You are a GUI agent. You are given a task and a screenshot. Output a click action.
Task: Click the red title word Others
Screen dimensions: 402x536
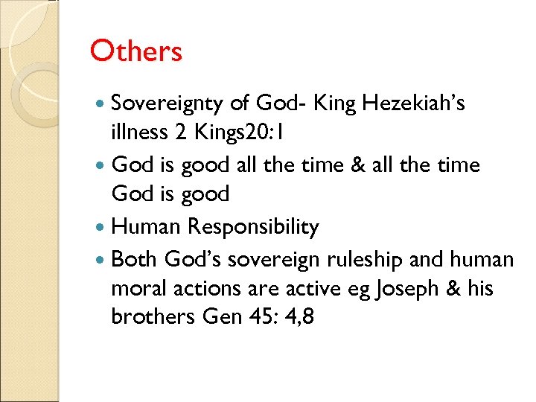click(x=135, y=51)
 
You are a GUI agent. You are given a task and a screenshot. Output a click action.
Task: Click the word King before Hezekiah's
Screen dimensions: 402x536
click(x=335, y=103)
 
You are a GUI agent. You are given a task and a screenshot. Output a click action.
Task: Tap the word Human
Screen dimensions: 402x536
click(x=149, y=226)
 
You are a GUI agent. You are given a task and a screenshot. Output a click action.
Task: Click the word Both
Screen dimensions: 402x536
click(x=135, y=259)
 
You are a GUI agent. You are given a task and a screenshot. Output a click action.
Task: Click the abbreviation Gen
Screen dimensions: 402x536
click(x=223, y=316)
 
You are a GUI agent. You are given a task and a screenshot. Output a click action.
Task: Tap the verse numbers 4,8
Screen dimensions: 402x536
click(x=298, y=316)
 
